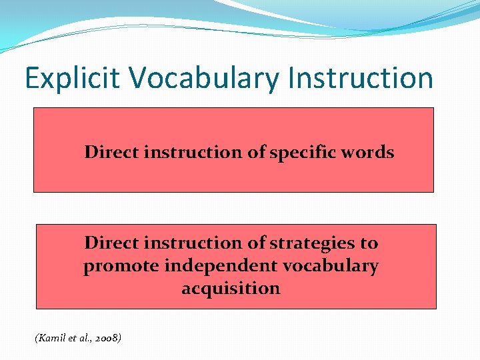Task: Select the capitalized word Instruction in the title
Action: pos(360,79)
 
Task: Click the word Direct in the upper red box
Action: pos(111,152)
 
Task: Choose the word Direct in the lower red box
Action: pos(111,243)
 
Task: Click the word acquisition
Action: pos(231,289)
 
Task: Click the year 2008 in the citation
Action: pos(107,339)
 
